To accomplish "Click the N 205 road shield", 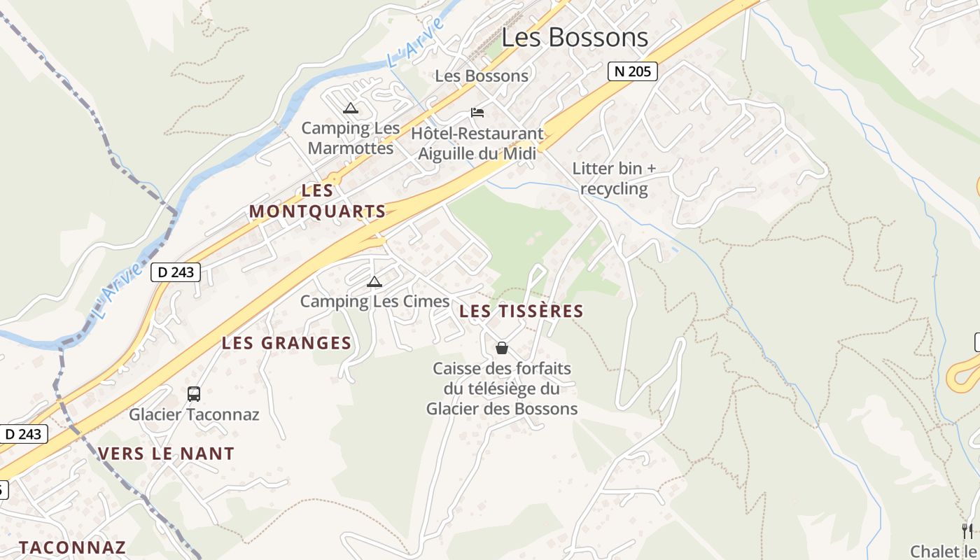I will (632, 71).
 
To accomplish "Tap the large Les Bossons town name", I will (575, 38).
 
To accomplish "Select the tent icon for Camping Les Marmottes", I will (351, 108).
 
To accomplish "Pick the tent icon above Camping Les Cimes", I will (374, 282).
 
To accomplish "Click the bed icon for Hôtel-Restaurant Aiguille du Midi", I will (477, 112).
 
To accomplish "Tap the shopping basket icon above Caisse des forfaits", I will (502, 348).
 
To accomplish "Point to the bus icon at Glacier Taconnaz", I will (194, 394).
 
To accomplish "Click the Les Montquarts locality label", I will (318, 201).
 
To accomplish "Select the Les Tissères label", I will (521, 311).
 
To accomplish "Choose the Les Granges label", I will (286, 343).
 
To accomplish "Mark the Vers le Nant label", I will (166, 454).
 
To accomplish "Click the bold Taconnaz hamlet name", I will (72, 547).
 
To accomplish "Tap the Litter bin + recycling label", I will (614, 178).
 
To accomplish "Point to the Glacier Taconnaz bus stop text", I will (194, 414).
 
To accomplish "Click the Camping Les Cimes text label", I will (374, 302).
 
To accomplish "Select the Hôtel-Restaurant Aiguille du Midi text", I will (477, 143).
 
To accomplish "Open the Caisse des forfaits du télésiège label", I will (502, 388).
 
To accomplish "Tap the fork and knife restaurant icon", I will (967, 531).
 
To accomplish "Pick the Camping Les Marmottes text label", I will (351, 138).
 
